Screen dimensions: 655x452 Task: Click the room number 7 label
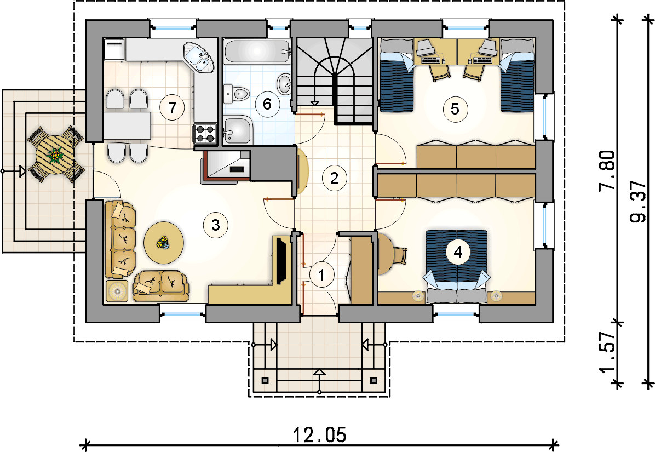(x=172, y=108)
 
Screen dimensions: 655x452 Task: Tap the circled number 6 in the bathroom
(x=267, y=103)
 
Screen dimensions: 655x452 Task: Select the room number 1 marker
(x=321, y=275)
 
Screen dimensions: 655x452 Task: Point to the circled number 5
(x=455, y=109)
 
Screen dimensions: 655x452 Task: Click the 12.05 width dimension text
(x=320, y=434)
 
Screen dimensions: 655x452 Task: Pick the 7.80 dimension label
(x=607, y=170)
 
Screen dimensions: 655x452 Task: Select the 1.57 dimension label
(x=607, y=352)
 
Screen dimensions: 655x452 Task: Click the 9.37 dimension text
(x=637, y=202)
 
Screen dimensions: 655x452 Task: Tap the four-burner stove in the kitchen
(x=205, y=134)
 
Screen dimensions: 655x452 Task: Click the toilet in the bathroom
(x=237, y=93)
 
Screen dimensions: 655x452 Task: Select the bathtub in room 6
(x=257, y=52)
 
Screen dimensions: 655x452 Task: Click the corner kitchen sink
(x=199, y=58)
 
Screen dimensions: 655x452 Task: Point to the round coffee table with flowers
(x=164, y=243)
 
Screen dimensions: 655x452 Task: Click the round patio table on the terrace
(x=55, y=155)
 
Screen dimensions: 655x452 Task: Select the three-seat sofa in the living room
(x=120, y=239)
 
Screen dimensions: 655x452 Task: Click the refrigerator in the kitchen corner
(x=114, y=50)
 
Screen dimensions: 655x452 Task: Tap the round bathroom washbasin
(x=285, y=84)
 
